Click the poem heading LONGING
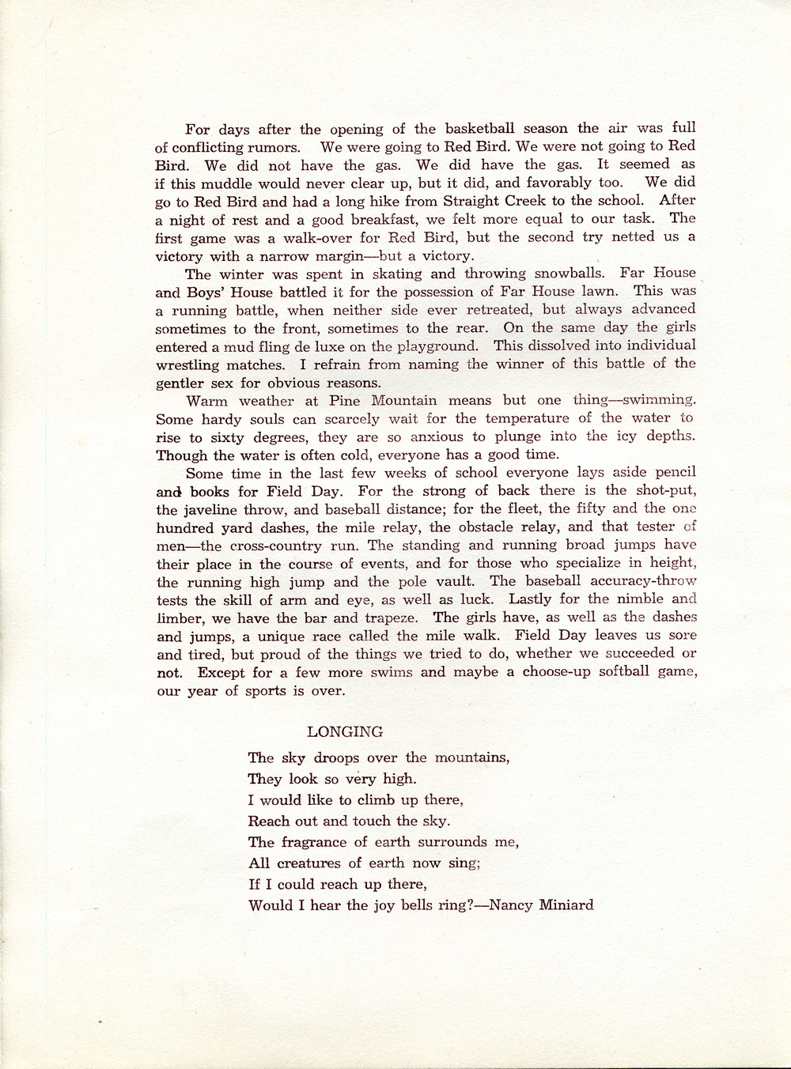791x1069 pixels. pyautogui.click(x=345, y=731)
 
